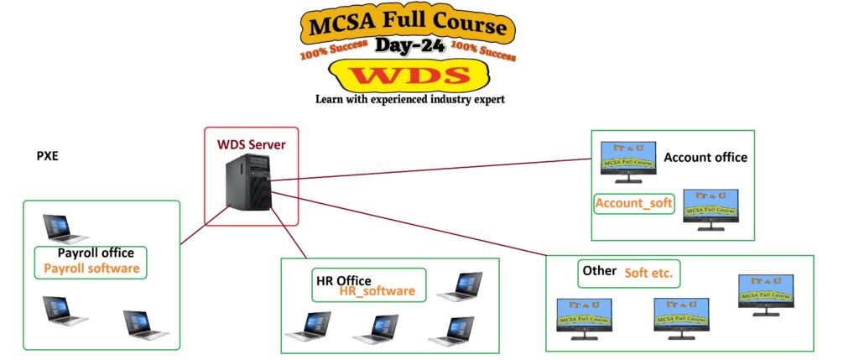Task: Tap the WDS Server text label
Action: coord(252,144)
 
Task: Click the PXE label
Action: coord(47,156)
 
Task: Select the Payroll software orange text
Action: coord(91,269)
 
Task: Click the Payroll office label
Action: coord(91,253)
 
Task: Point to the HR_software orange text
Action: coord(377,290)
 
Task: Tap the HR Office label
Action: coord(343,279)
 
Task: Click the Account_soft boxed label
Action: coord(634,203)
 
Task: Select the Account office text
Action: coord(705,157)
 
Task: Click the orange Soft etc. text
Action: coord(648,273)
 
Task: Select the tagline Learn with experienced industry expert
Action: coord(410,99)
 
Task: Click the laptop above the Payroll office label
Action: coord(65,227)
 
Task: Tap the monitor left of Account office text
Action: coord(627,162)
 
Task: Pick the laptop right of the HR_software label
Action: coord(459,287)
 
